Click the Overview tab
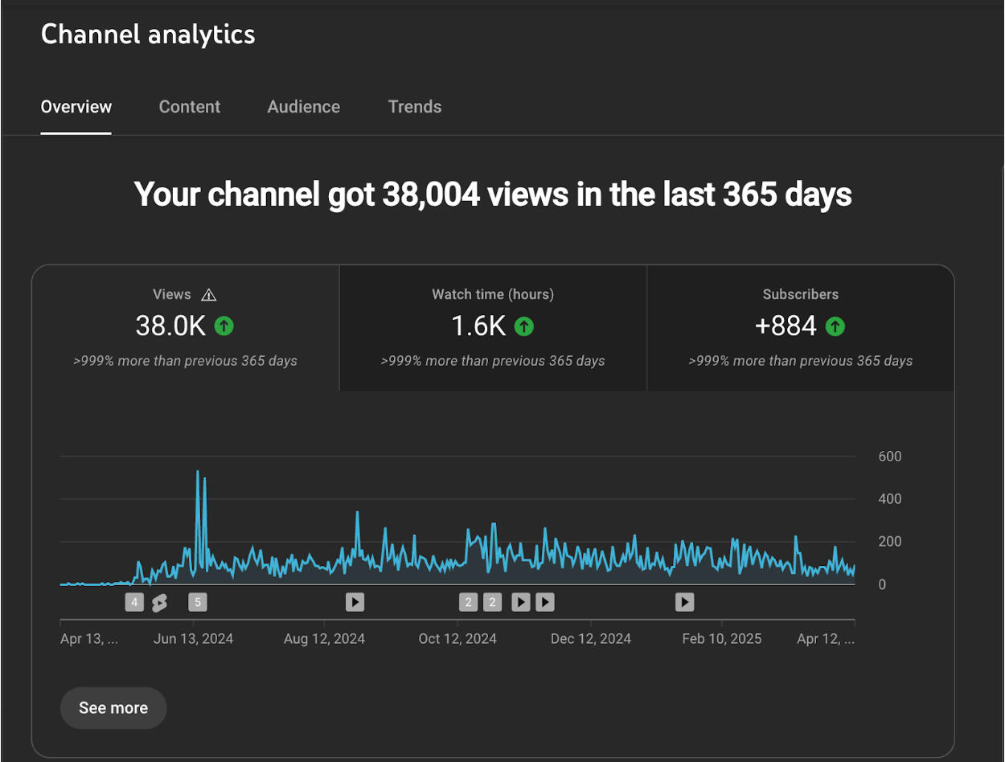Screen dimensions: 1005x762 pos(76,107)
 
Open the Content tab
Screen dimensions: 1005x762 pos(190,107)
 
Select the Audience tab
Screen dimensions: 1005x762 pos(304,107)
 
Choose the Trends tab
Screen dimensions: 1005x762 pos(415,107)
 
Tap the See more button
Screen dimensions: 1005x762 pos(113,708)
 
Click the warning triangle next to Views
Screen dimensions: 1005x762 pos(209,295)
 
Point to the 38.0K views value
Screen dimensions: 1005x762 pos(170,326)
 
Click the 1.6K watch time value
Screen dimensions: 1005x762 pos(478,326)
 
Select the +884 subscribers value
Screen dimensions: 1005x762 pos(786,326)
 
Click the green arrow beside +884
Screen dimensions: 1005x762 pos(835,326)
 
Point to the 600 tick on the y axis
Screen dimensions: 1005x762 pos(889,457)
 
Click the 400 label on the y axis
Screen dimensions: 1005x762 pos(889,499)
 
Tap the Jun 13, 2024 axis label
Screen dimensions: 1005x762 pos(193,639)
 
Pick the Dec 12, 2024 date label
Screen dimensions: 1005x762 pos(591,639)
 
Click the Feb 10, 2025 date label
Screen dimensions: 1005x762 pos(722,639)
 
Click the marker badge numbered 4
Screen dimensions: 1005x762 pos(134,602)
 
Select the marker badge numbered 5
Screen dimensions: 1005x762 pos(197,602)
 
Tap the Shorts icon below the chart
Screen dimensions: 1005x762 pos(159,603)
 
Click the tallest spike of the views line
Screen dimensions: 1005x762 pos(198,472)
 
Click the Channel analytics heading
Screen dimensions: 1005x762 pos(148,35)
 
